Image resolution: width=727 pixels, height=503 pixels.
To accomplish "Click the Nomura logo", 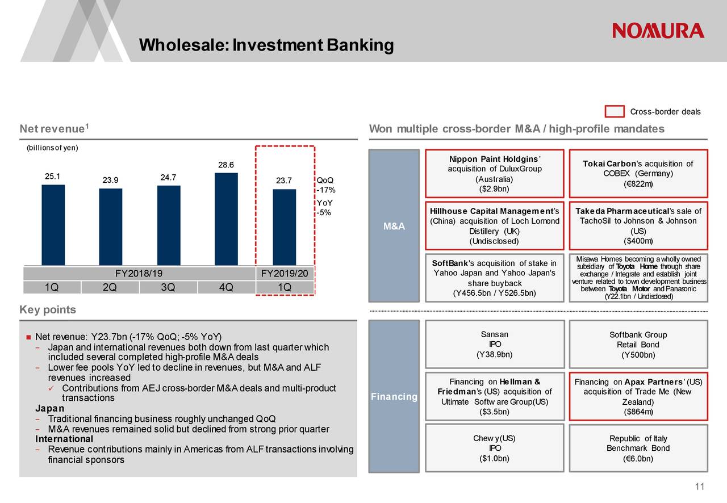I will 658,31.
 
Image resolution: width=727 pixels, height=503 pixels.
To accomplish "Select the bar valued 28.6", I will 226,219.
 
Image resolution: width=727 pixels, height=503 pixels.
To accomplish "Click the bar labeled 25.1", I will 53,224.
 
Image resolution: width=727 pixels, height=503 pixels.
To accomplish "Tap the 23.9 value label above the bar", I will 110,181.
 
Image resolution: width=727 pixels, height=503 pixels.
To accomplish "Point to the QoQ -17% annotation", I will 325,185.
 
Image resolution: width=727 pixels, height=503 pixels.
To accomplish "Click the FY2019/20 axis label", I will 284,274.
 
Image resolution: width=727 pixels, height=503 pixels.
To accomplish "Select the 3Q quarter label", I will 168,287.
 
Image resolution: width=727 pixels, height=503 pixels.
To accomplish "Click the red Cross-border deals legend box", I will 615,111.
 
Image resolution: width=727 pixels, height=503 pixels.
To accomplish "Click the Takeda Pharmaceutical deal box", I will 638,226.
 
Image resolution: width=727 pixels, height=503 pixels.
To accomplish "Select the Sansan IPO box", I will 494,345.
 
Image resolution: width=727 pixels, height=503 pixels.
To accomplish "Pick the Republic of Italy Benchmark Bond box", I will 638,448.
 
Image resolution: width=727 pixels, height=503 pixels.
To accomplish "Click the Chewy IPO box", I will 494,448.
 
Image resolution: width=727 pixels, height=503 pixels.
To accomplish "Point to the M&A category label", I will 394,227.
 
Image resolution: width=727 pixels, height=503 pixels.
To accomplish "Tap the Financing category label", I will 394,396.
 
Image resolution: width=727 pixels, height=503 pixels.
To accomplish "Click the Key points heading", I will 48,310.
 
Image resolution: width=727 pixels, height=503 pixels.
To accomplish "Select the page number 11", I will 699,487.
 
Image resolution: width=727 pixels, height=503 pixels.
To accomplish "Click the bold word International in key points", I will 64,439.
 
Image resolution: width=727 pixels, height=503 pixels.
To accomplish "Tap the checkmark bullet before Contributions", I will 51,388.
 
